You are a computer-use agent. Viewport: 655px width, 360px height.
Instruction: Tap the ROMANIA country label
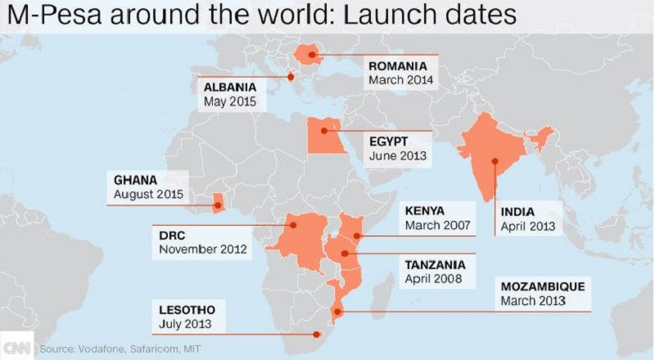tap(399, 66)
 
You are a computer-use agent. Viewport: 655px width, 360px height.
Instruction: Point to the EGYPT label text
tap(385, 141)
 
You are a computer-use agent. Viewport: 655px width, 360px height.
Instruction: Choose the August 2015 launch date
tap(145, 195)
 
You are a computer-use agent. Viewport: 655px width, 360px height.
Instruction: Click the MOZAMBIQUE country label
tap(541, 287)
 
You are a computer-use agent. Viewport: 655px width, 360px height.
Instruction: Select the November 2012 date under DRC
tap(201, 248)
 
